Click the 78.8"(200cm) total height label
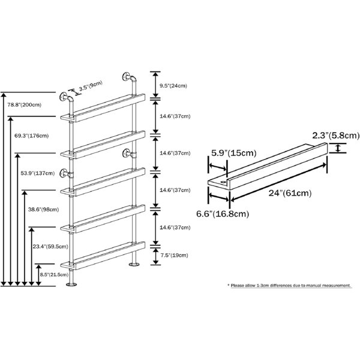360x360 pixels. point(25,105)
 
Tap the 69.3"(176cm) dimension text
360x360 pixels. point(31,136)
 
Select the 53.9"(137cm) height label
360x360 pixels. point(38,173)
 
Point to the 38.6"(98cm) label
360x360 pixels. point(43,209)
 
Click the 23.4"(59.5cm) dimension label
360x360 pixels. point(50,247)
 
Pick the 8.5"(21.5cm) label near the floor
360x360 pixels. point(54,275)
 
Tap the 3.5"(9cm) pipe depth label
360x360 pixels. point(91,86)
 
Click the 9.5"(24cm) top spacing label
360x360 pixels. point(173,86)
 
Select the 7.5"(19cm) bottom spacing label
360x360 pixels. point(174,256)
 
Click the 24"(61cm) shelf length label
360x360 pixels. point(290,193)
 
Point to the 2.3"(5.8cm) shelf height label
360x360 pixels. point(335,136)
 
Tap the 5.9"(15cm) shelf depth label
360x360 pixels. point(234,153)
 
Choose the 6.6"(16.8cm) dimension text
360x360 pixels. point(223,214)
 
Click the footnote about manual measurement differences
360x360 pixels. point(289,286)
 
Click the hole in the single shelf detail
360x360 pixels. point(223,182)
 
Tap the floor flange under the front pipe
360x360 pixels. point(71,284)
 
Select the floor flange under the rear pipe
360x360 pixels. point(134,265)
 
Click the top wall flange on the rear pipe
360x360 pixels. point(126,77)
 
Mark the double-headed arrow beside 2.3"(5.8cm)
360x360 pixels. point(337,148)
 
